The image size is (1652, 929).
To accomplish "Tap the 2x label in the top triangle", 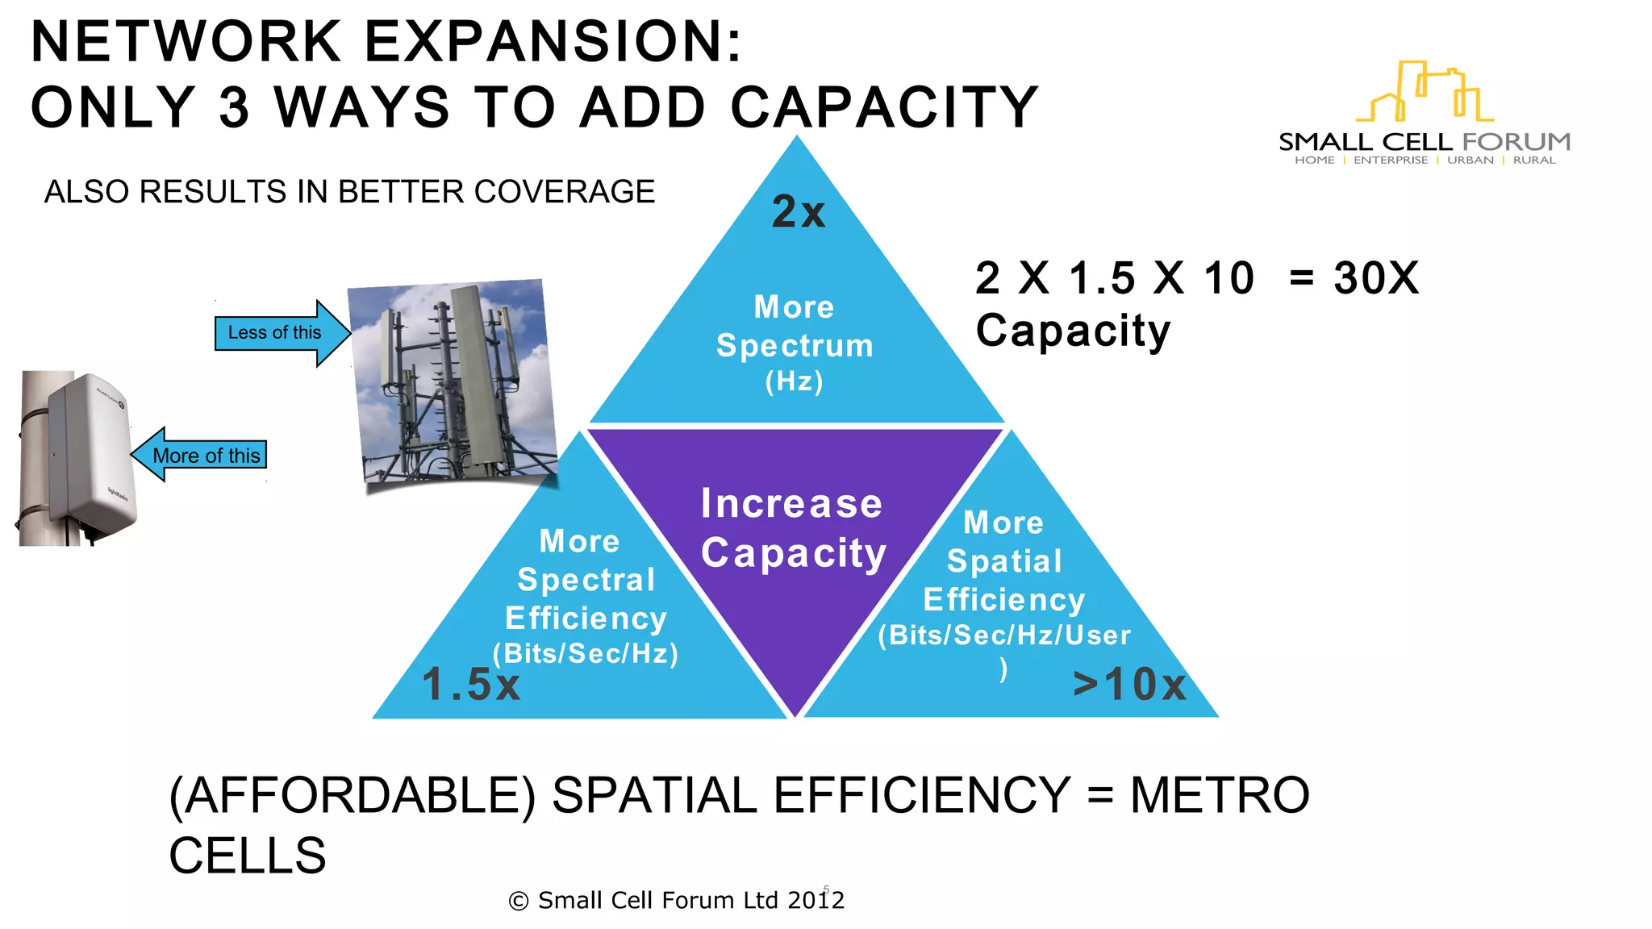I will pos(798,212).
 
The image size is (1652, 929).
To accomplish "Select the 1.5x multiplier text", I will pos(471,685).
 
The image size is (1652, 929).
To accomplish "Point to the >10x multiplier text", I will pos(1129,685).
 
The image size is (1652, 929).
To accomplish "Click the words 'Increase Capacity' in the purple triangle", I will pos(793,528).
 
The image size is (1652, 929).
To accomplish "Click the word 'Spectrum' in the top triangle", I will pos(795,346).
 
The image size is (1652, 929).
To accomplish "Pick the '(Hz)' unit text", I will pos(795,381).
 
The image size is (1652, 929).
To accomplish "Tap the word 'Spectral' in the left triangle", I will pos(586,580).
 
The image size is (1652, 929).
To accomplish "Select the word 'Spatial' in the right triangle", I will pos(1004,561).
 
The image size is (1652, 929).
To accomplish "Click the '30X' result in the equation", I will pos(1375,278).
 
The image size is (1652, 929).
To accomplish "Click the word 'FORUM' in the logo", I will pos(1516,142).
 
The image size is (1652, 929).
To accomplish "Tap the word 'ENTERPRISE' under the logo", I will pos(1390,160).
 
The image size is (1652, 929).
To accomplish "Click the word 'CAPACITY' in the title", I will pos(884,107).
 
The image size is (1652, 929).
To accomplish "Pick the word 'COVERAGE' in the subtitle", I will pos(565,192).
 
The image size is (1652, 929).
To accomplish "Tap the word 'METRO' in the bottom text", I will pos(1219,795).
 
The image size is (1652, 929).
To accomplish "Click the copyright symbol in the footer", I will pos(519,901).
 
